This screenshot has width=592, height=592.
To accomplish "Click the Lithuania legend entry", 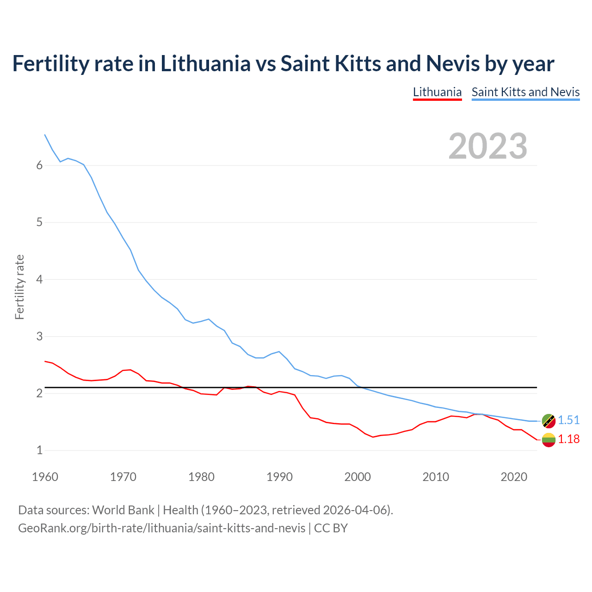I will click(437, 92).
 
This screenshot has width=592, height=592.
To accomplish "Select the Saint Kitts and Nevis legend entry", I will click(525, 92).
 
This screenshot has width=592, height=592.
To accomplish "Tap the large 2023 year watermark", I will click(488, 146).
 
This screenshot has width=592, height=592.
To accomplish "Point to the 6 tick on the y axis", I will click(39, 166).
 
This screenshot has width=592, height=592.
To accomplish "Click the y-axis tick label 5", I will click(39, 222).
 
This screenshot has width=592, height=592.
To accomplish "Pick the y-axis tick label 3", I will click(39, 336).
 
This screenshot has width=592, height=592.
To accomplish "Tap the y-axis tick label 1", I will click(39, 450).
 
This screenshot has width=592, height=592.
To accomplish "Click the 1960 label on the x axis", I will click(45, 477).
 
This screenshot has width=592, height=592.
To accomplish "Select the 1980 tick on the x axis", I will click(201, 477).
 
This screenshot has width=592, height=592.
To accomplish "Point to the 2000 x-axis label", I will click(358, 477).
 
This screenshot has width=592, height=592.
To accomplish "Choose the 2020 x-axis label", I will click(514, 477).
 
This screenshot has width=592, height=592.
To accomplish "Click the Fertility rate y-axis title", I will click(19, 287).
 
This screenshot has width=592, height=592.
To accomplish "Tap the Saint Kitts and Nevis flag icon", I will click(549, 420).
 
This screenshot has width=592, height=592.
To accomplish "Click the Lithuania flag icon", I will click(549, 440).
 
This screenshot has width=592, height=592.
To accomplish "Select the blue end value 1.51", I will click(568, 420).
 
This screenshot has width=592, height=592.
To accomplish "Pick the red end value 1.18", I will click(568, 439).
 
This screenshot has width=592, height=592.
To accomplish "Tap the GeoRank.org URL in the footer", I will click(161, 528).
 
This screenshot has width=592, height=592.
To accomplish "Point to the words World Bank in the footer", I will click(123, 510).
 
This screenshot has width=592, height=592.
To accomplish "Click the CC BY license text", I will click(331, 528).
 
